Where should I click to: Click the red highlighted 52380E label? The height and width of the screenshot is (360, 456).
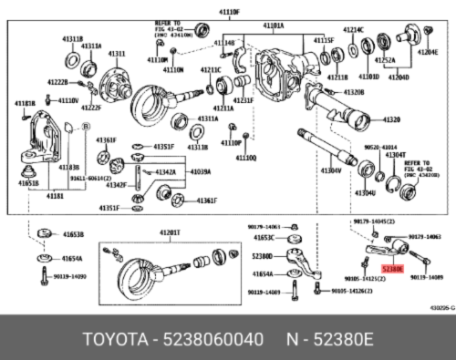[393, 271]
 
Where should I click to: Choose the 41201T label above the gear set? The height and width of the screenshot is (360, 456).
[171, 233]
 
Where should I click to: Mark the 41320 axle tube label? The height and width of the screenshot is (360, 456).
[390, 120]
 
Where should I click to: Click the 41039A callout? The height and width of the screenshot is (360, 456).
[201, 172]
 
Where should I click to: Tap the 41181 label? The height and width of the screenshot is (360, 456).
[54, 195]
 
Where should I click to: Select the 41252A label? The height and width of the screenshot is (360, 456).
[384, 60]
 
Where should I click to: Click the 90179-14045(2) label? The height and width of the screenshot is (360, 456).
[373, 221]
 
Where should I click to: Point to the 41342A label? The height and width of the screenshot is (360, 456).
[165, 172]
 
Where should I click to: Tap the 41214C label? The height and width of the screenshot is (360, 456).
[352, 30]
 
